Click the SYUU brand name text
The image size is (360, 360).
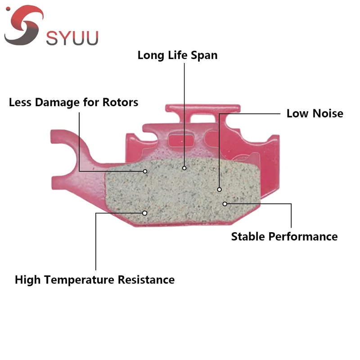[x=72, y=37]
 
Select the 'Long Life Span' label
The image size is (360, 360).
[x=177, y=55]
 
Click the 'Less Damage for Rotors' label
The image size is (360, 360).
[x=73, y=102]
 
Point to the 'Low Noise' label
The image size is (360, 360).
[x=315, y=113]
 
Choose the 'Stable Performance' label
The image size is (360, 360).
[x=284, y=236]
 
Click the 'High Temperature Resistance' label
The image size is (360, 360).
[x=94, y=279]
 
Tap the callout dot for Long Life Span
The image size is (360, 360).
[x=184, y=168]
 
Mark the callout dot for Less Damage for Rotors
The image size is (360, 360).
[x=145, y=171]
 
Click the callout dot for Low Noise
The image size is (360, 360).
[x=220, y=189]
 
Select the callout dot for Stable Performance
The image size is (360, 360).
[x=225, y=204]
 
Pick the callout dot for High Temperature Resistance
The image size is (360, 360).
[x=144, y=212]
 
